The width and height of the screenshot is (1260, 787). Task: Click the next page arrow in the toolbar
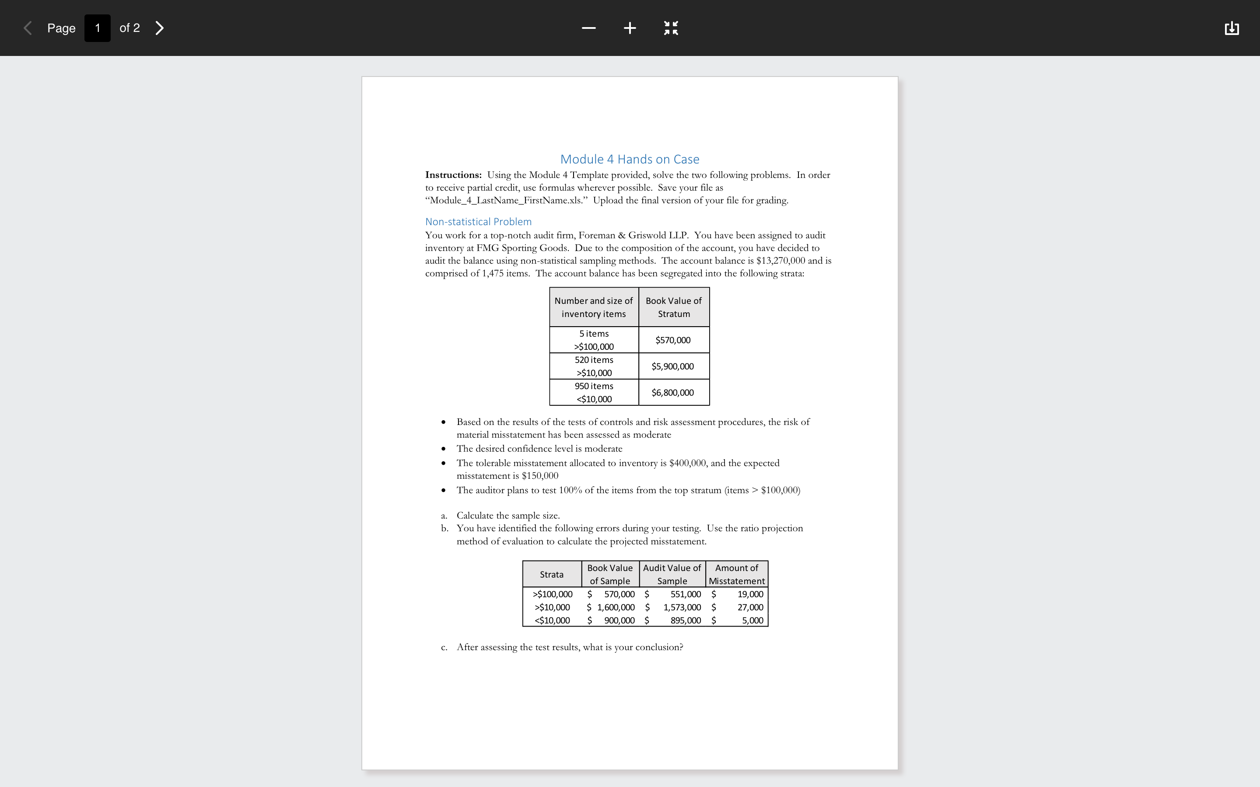click(160, 28)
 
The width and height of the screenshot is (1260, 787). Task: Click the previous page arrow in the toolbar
click(28, 28)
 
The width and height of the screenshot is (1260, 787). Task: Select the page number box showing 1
click(98, 28)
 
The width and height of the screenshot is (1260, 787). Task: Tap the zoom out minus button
click(588, 28)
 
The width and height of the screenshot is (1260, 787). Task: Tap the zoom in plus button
click(630, 28)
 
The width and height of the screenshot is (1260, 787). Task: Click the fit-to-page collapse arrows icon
click(671, 28)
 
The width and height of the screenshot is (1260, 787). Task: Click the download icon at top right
click(1232, 28)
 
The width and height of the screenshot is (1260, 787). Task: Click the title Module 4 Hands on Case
click(630, 159)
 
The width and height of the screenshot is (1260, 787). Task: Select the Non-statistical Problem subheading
click(478, 222)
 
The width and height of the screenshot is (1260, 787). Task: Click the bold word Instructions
click(453, 175)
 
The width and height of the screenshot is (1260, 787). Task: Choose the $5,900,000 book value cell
click(673, 366)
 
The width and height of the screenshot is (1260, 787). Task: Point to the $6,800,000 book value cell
click(673, 393)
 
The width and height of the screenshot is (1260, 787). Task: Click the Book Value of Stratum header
click(673, 307)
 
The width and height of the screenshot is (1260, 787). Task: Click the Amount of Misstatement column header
click(736, 574)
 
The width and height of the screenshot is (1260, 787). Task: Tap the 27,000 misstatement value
click(750, 607)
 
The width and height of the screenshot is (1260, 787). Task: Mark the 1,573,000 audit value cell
click(682, 607)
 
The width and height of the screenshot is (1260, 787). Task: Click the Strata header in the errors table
click(551, 575)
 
